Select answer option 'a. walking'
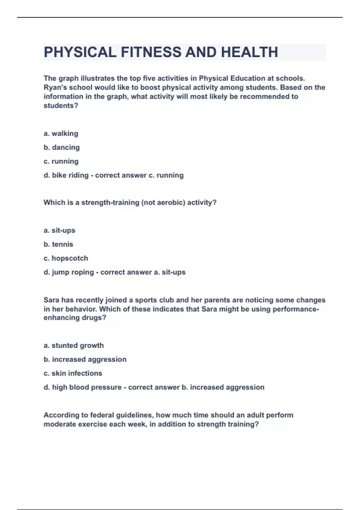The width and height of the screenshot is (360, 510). pos(61,133)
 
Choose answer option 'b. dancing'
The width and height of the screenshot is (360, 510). pos(61,147)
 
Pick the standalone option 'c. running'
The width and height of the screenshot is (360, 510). pos(61,161)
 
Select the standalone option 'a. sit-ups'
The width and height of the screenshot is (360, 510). pos(59,230)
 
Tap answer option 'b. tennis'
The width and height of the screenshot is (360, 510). pos(58,244)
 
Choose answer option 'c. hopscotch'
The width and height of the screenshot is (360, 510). pos(66,258)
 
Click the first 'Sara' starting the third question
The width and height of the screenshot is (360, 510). pos(51,300)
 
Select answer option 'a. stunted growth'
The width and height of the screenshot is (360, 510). pos(73,345)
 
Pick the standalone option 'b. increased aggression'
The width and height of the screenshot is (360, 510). pos(85,359)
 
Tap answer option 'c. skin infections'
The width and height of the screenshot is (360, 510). pos(73,373)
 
